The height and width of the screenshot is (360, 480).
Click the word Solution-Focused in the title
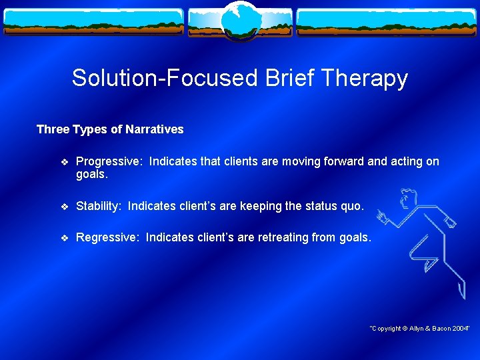[165, 79]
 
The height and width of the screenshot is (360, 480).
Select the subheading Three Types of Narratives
[110, 129]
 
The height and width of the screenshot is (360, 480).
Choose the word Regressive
[108, 237]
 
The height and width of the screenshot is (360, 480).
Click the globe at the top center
[239, 21]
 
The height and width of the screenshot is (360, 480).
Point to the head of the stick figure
[407, 199]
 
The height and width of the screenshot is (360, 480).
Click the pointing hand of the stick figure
[381, 215]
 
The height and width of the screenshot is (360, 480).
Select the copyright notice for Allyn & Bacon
[419, 329]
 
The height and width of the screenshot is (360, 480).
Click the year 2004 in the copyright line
[460, 329]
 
